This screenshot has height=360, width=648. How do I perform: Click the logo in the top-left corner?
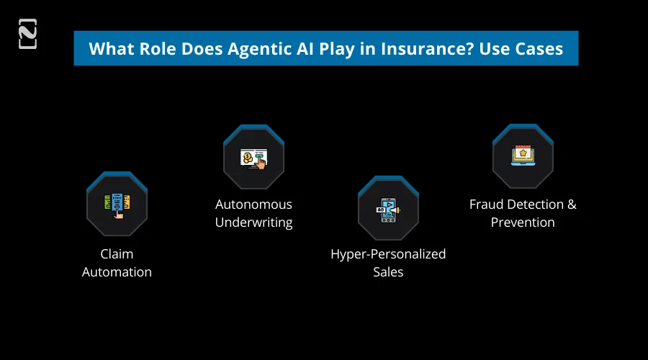(27, 35)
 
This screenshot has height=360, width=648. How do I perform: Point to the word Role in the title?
(154, 49)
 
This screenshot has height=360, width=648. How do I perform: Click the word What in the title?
(110, 49)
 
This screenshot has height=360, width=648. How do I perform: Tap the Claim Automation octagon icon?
(117, 204)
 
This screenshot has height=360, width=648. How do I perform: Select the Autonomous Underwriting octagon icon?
(253, 158)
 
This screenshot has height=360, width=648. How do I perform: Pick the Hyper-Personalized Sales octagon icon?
(388, 209)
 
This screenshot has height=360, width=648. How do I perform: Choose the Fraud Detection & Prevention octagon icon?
(523, 156)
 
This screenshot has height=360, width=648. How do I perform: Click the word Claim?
(117, 254)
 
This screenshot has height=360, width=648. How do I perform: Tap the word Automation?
(117, 272)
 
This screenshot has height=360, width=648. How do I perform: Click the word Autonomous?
(253, 204)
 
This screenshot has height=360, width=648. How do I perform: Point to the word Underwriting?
(253, 222)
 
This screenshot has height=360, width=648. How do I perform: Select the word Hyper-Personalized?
(388, 254)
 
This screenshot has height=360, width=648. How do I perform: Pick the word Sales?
(388, 272)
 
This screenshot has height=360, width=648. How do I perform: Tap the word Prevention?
(523, 222)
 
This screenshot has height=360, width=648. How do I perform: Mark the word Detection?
(534, 204)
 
